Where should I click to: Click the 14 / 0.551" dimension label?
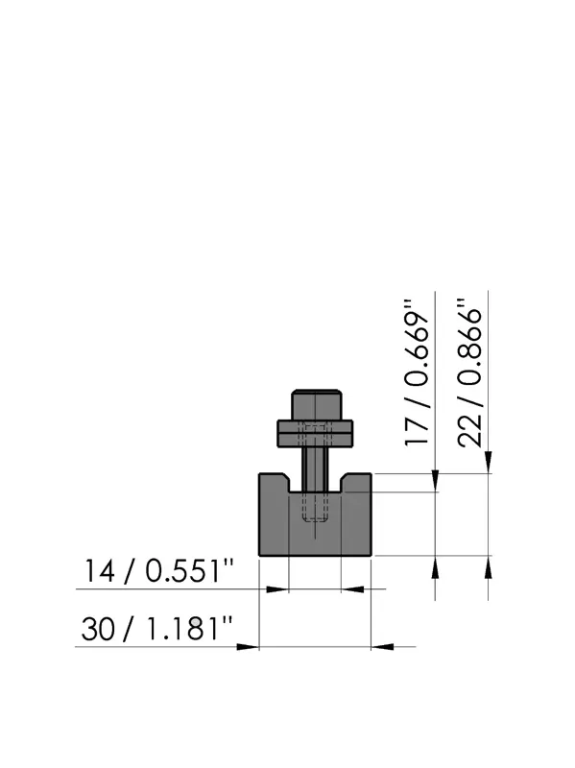(x=158, y=571)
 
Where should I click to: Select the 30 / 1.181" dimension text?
(x=156, y=629)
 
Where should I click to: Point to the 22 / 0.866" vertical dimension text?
(x=469, y=373)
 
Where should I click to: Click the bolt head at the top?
(x=316, y=404)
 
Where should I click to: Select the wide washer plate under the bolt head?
(x=316, y=434)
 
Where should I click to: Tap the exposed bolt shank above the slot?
(x=316, y=469)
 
